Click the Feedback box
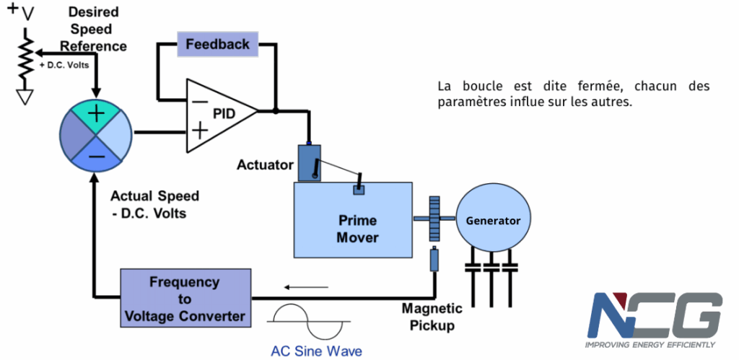[x=218, y=44]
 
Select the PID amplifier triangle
[x=217, y=115]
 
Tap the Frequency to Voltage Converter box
[x=185, y=298]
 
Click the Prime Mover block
[x=353, y=220]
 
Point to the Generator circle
[x=493, y=219]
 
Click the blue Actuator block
[x=309, y=162]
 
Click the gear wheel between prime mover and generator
[x=434, y=218]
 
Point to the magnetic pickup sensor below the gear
[x=434, y=260]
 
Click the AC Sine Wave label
[x=316, y=351]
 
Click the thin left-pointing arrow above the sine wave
[x=305, y=286]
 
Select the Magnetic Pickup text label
[x=432, y=317]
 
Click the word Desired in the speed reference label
[x=93, y=12]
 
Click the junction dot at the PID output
[x=276, y=111]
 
